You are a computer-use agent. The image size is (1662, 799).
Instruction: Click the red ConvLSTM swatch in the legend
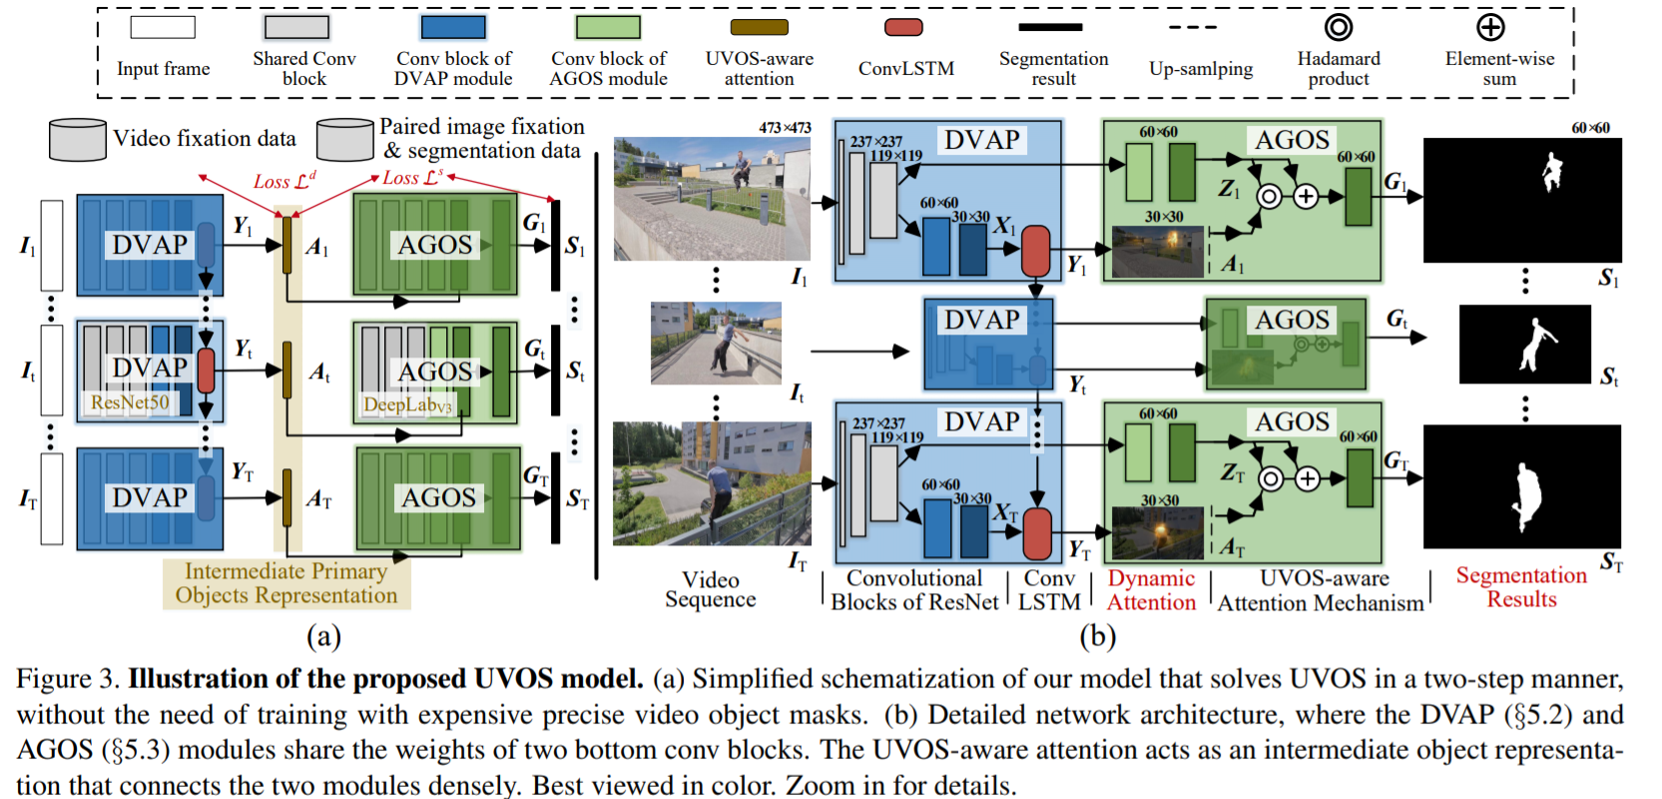click(903, 27)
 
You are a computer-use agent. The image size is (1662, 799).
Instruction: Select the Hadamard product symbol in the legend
click(1339, 27)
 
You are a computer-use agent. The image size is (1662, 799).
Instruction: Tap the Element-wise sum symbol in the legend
click(1490, 27)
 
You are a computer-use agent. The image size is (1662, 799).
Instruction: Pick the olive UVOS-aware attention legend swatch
click(759, 27)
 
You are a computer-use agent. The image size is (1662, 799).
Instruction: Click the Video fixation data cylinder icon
click(77, 139)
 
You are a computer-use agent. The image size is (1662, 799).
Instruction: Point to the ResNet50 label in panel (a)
click(130, 402)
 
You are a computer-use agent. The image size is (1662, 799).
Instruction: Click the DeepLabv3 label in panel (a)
click(407, 404)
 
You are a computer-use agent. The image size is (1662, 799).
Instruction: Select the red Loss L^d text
click(284, 181)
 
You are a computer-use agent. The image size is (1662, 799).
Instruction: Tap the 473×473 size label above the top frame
click(785, 128)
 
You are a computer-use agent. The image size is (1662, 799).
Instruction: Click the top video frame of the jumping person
click(712, 199)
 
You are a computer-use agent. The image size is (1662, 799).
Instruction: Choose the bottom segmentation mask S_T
click(1522, 486)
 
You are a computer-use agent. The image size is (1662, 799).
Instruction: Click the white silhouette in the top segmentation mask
click(1551, 171)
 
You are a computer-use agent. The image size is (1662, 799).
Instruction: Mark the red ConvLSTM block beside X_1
click(1036, 250)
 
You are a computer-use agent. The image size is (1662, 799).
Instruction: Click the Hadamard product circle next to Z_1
click(1269, 196)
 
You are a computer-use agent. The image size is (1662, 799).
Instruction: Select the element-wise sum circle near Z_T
click(1308, 479)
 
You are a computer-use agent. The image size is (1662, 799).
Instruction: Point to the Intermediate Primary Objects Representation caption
click(286, 583)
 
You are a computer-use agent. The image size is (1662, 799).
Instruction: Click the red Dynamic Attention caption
click(1151, 590)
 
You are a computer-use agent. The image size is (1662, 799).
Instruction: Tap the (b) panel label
click(1097, 636)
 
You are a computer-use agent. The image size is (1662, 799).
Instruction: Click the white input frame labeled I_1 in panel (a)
click(52, 246)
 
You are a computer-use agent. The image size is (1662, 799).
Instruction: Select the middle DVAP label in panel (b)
click(982, 320)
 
